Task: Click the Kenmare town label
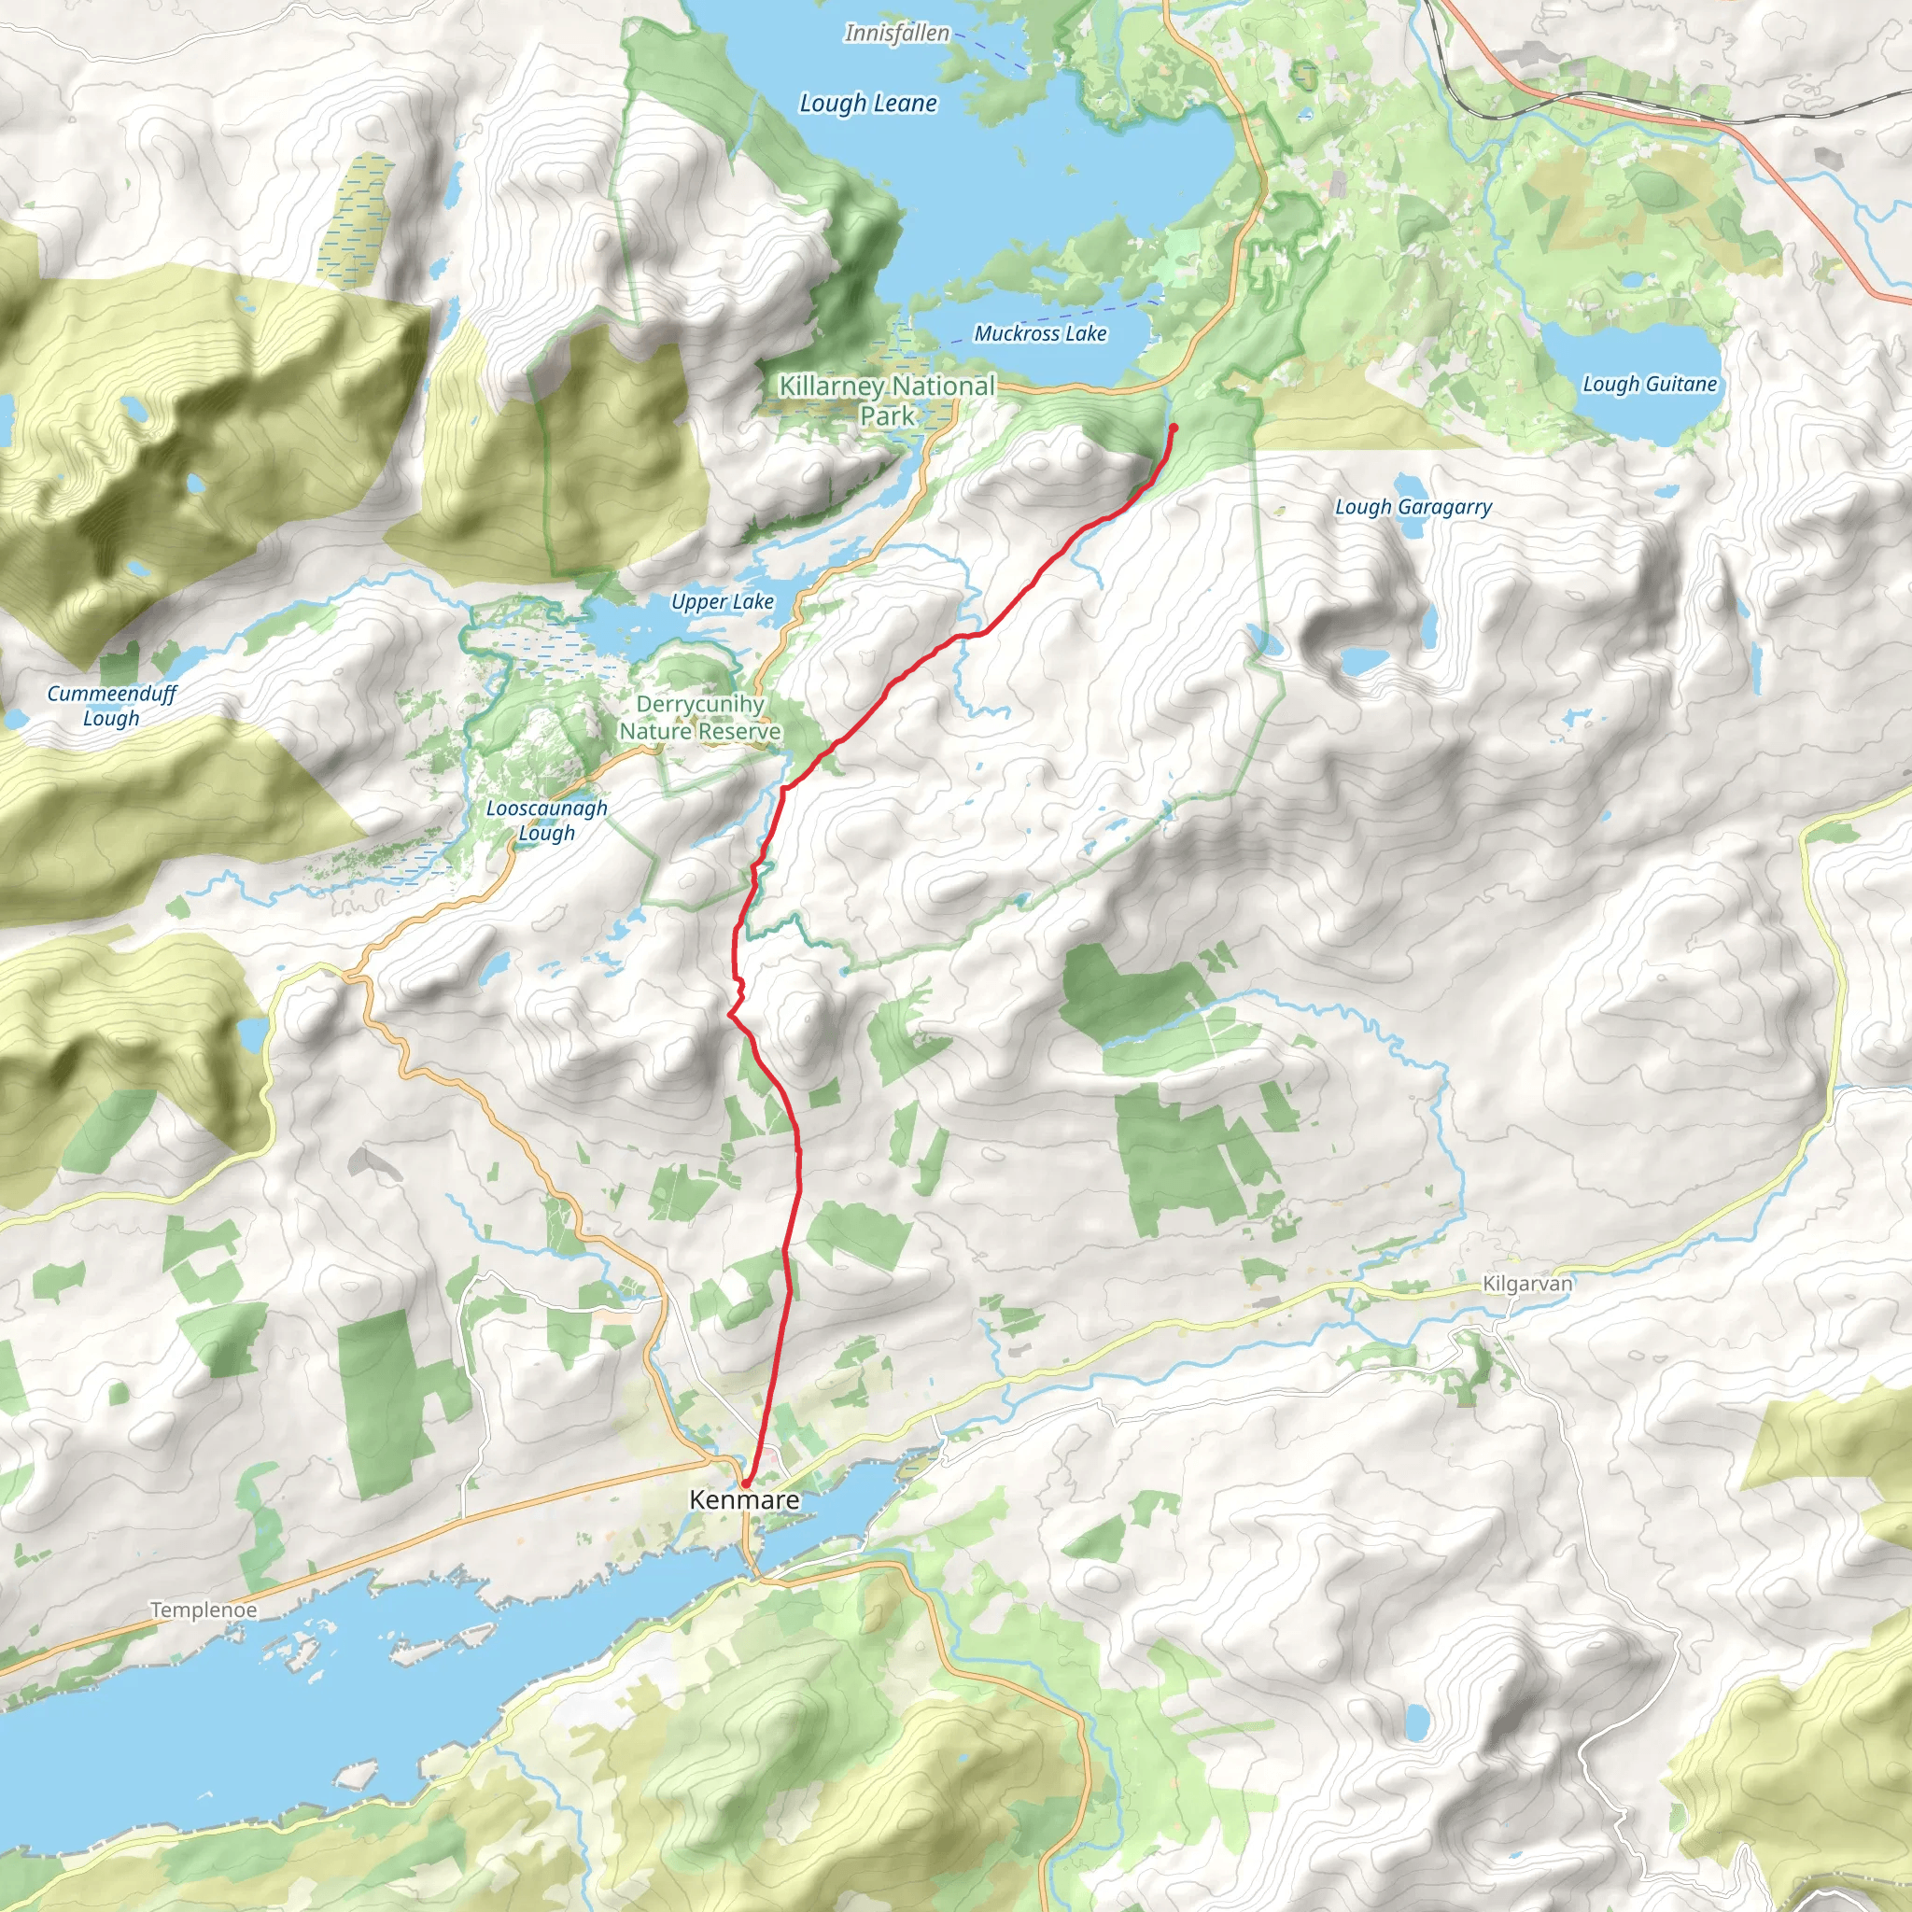[744, 1499]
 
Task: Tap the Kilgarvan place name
[1527, 1284]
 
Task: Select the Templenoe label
[204, 1610]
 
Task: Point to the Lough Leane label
[868, 103]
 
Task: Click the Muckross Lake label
[1040, 333]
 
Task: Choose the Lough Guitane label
[1649, 384]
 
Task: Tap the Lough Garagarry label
[1413, 507]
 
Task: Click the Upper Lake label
[723, 602]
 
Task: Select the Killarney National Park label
[887, 399]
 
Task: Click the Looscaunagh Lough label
[546, 821]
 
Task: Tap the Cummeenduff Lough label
[111, 706]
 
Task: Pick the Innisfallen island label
[896, 34]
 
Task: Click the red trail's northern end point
[1174, 427]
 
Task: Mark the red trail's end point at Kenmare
[743, 1483]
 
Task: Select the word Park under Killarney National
[887, 415]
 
